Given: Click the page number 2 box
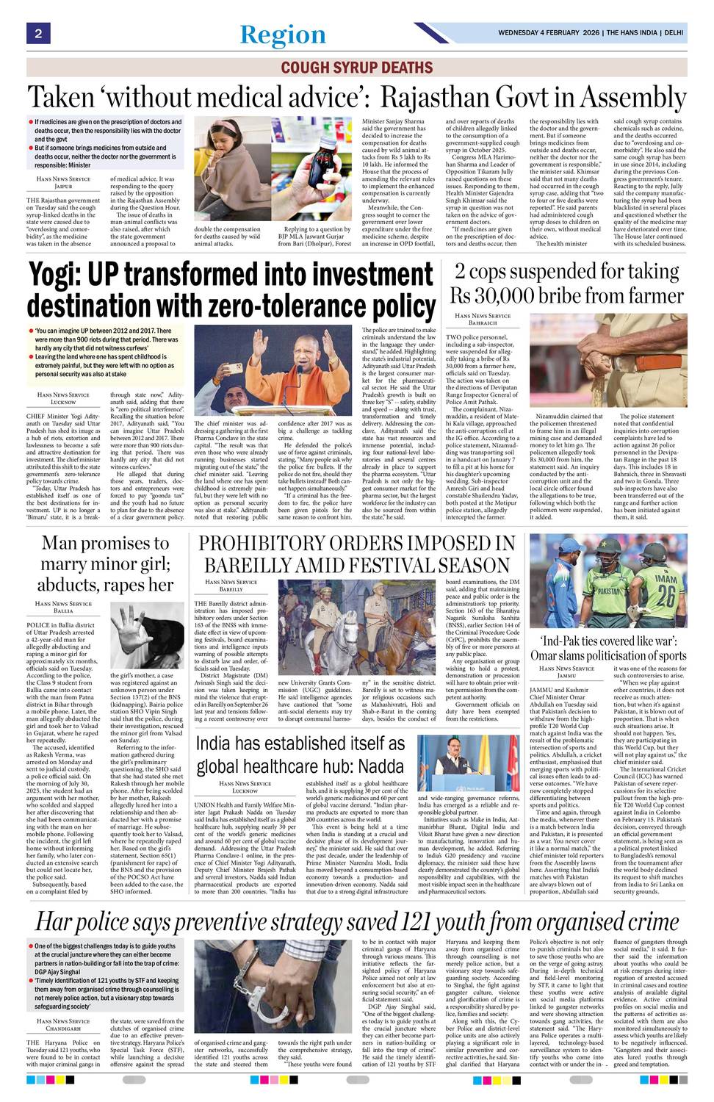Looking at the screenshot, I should pos(37,33).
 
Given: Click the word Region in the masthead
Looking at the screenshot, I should pos(283,35).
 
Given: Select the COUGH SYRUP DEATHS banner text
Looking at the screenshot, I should pos(357,68).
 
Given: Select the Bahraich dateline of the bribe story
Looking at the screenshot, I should pos(483,323).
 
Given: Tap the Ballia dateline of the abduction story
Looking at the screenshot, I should pos(64,611).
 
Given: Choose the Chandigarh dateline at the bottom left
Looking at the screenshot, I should pos(64,1029).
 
